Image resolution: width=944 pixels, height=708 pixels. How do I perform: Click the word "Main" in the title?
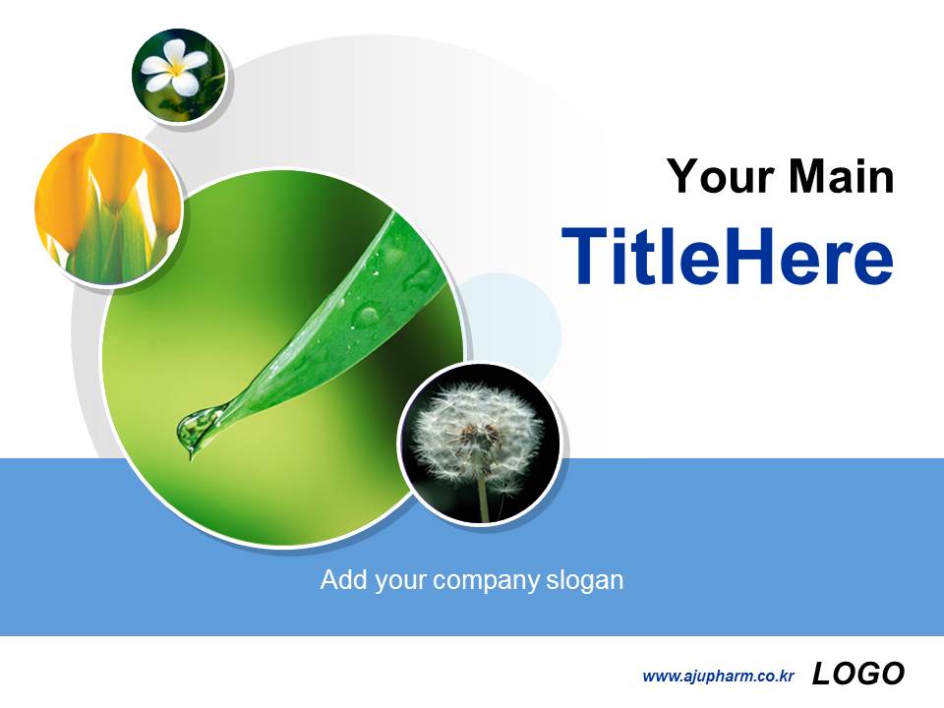(x=842, y=178)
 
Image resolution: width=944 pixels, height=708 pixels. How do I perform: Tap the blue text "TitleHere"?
(x=728, y=258)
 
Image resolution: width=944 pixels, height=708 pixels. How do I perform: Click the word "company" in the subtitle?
(x=486, y=580)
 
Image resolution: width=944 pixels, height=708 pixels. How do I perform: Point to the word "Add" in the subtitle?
(x=341, y=580)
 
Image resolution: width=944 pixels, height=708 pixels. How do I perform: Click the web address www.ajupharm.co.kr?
(x=718, y=676)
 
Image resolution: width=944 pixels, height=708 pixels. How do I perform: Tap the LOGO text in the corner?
(x=857, y=674)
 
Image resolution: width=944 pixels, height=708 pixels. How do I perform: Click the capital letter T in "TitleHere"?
(x=582, y=258)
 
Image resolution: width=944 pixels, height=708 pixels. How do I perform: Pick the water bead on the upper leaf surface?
(x=368, y=315)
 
